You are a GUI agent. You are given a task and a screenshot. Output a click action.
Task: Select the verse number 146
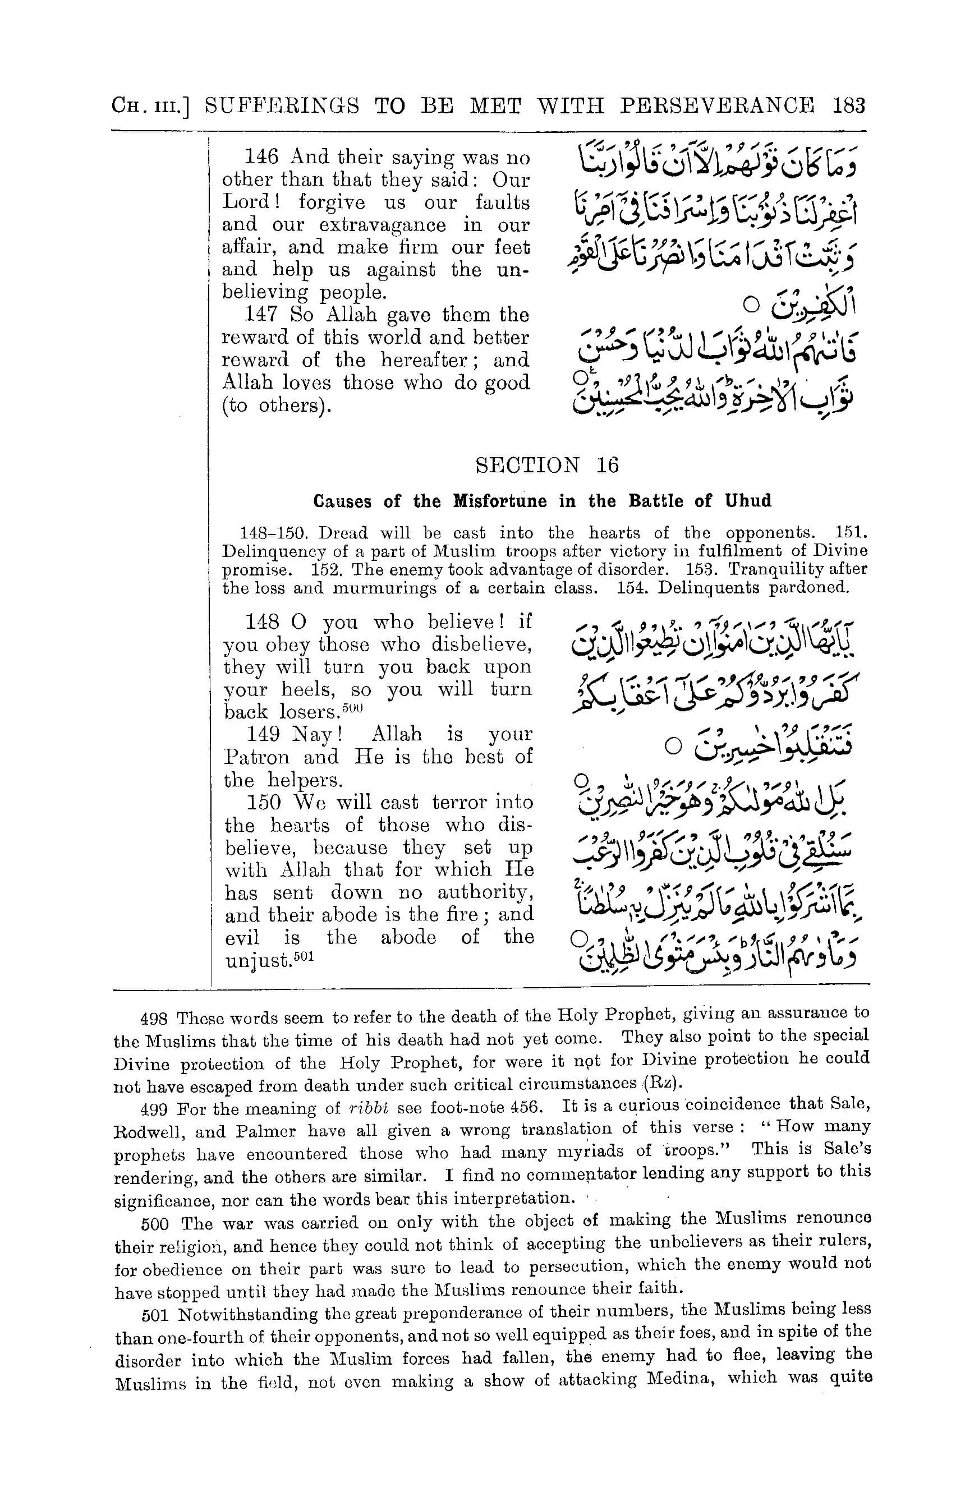pyautogui.click(x=261, y=156)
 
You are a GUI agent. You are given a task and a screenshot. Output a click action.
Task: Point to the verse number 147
pyautogui.click(x=261, y=315)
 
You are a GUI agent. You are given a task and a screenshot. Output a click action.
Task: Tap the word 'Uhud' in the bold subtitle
pyautogui.click(x=747, y=501)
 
